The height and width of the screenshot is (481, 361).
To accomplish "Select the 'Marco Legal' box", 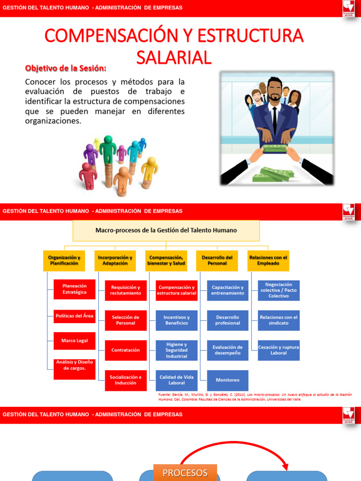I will coord(74,341).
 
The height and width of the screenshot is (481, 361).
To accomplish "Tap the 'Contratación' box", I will coord(126,350).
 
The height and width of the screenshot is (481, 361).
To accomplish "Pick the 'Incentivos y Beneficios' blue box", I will coord(176,320).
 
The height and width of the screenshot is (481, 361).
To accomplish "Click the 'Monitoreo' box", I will coord(228,380).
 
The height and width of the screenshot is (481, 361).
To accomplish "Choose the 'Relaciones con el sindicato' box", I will coord(278,320).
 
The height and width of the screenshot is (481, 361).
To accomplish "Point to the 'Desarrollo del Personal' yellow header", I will coord(217,261).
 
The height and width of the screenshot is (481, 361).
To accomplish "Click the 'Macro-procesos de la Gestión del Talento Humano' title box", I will coord(166,231).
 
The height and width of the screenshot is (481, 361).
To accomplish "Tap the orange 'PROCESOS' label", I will coord(185,473).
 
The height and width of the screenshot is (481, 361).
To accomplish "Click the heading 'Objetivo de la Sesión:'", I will coord(66,68).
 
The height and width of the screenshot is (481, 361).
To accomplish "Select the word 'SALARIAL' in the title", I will coord(174,57).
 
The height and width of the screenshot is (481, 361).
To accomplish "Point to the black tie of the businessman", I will coord(275,120).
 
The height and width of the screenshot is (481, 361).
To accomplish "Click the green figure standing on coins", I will coord(108,150).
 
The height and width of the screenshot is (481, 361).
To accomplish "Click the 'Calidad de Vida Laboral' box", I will coord(176,380).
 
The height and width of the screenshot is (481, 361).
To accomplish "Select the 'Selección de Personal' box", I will coord(126,320).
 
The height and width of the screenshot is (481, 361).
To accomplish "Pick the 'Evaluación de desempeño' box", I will coord(228,350).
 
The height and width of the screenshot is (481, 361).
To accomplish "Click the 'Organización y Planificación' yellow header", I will coord(64,261).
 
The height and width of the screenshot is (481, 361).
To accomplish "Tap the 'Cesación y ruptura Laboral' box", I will coord(278,350).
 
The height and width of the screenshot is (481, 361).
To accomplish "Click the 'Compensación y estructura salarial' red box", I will coord(176,290).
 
